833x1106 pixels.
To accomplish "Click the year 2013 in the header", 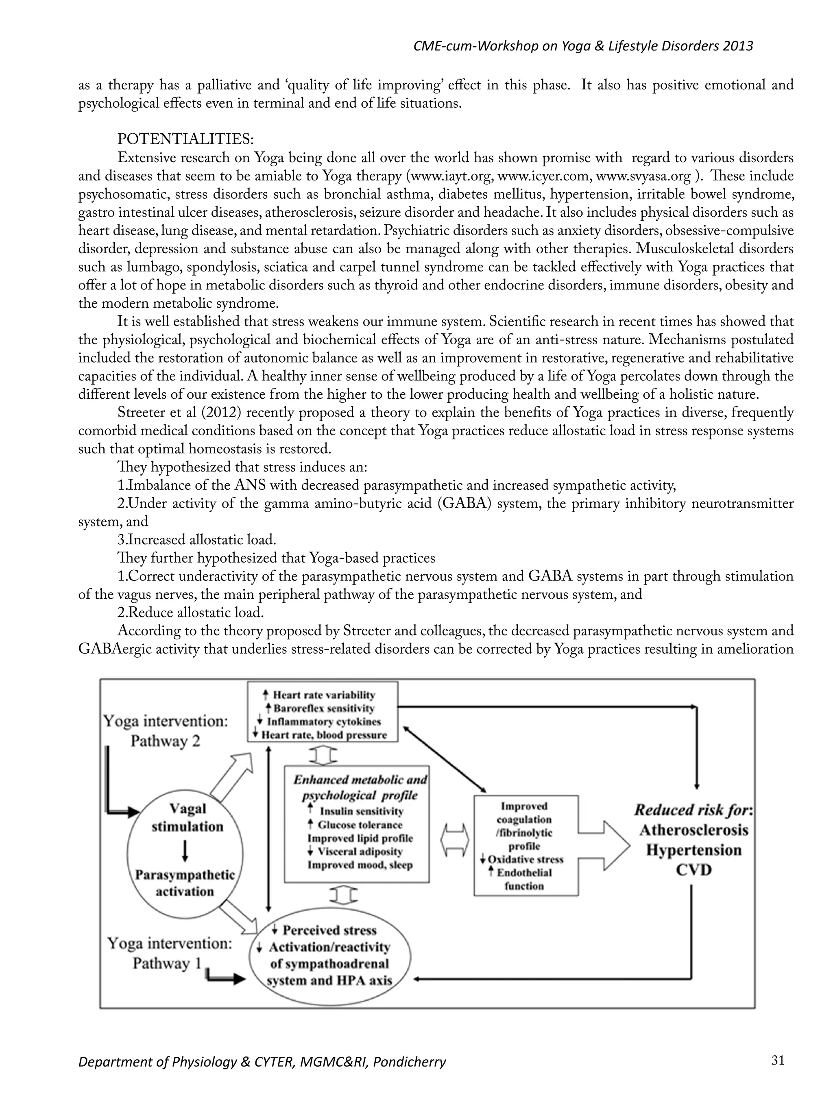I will pyautogui.click(x=737, y=46).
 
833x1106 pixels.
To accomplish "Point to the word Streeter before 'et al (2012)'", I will pyautogui.click(x=141, y=413).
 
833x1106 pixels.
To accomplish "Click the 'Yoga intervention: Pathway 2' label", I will pyautogui.click(x=166, y=730).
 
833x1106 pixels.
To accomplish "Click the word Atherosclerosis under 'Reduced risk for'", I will pyautogui.click(x=694, y=830).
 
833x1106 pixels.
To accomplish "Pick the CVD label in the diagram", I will pyautogui.click(x=693, y=871).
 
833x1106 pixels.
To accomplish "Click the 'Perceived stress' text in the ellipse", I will pyautogui.click(x=329, y=930).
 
